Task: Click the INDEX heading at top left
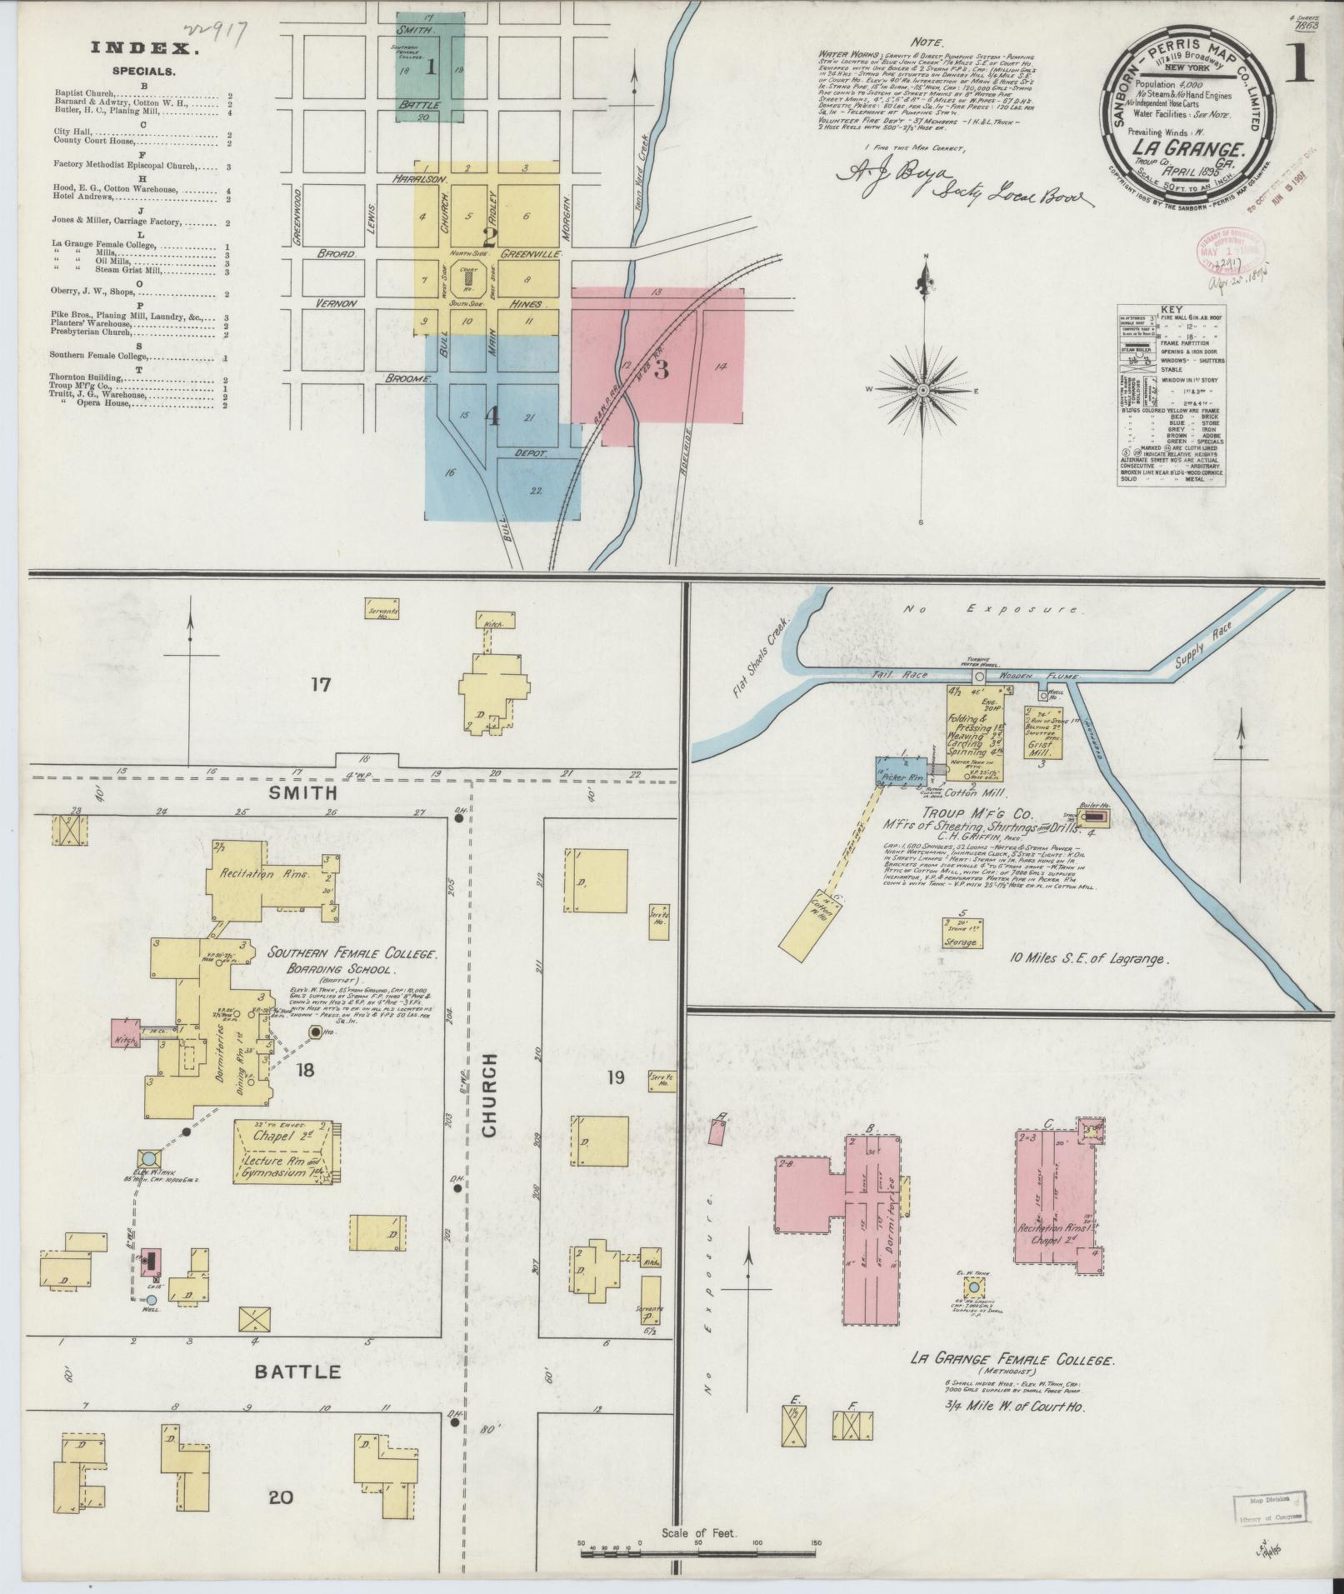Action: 145,49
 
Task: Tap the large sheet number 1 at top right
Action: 1298,69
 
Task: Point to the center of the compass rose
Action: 925,390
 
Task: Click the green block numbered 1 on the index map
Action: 431,67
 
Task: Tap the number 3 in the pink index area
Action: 662,369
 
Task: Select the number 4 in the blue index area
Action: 492,417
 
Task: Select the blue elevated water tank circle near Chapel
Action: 148,1158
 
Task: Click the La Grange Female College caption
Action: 1012,1361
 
